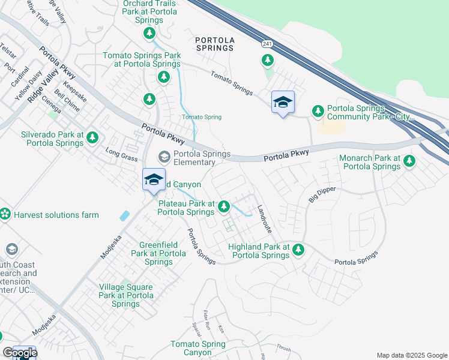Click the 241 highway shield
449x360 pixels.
pyautogui.click(x=267, y=44)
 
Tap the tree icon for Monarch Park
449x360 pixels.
pyautogui.click(x=409, y=161)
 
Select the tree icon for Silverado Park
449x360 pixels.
pyautogui.click(x=92, y=138)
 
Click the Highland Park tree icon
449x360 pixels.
pyautogui.click(x=298, y=250)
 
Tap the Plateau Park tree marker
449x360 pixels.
pyautogui.click(x=223, y=206)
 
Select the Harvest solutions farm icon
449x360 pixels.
pyautogui.click(x=5, y=214)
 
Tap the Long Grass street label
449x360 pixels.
pyautogui.click(x=118, y=154)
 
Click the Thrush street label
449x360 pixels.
pyautogui.click(x=284, y=349)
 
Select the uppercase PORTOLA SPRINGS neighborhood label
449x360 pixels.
pyautogui.click(x=214, y=43)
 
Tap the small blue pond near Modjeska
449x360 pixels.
pyautogui.click(x=124, y=215)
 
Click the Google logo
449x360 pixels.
pyautogui.click(x=20, y=353)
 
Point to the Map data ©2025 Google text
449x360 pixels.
pyautogui.click(x=412, y=355)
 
